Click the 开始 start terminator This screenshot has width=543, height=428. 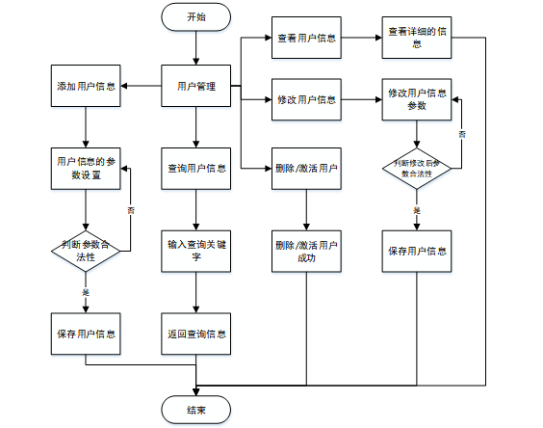click(x=196, y=17)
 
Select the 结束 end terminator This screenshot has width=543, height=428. click(x=196, y=410)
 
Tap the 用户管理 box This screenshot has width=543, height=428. click(x=196, y=86)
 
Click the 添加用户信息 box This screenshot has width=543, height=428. click(x=86, y=86)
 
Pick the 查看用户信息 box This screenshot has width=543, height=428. click(x=306, y=38)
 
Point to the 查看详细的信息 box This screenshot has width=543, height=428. click(x=417, y=38)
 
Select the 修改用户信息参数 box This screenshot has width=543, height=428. click(x=417, y=99)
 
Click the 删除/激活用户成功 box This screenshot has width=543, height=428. click(x=306, y=251)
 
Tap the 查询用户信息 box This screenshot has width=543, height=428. click(x=196, y=169)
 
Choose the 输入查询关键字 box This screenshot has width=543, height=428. click(x=196, y=251)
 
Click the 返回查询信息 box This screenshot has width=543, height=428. click(x=196, y=334)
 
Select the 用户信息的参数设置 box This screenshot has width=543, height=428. click(x=86, y=169)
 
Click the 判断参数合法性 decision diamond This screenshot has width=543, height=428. click(x=86, y=251)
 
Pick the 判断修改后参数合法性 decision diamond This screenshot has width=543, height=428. click(x=417, y=169)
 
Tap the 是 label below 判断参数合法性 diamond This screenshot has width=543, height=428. click(x=86, y=292)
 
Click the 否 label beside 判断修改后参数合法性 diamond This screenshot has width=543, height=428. click(x=462, y=134)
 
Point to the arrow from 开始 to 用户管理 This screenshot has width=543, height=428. click(x=196, y=48)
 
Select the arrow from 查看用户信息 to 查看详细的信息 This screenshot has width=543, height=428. click(x=362, y=38)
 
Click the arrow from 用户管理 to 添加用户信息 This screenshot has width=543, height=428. click(x=141, y=86)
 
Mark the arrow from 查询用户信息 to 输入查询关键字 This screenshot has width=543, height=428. click(x=196, y=210)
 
